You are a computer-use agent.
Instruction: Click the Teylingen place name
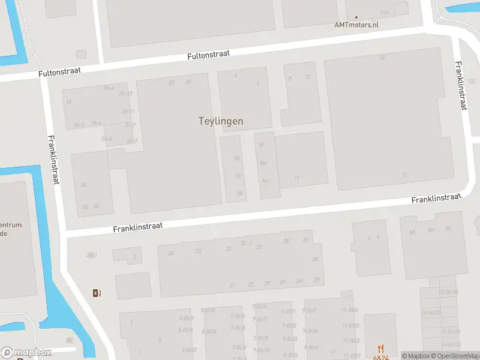click(221, 121)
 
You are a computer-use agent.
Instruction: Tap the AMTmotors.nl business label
click(356, 25)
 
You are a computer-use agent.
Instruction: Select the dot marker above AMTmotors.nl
click(356, 17)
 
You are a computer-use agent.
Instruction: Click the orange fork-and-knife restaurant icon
click(380, 348)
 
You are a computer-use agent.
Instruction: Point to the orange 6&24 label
click(380, 357)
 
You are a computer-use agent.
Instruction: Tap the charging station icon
click(96, 293)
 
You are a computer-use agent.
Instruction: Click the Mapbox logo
click(26, 353)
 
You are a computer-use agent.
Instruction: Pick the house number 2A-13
click(126, 94)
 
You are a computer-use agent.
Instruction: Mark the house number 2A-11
click(127, 111)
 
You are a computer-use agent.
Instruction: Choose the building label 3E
click(96, 206)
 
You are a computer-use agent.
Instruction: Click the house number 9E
click(237, 158)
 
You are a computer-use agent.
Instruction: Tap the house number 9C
click(238, 176)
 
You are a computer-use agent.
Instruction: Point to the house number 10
click(308, 77)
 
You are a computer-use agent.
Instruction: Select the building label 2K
click(316, 260)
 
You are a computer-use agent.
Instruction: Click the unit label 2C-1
click(246, 243)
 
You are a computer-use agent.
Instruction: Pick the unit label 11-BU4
click(350, 310)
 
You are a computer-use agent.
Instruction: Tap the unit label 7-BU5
click(238, 316)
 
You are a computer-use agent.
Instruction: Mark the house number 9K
click(265, 181)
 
